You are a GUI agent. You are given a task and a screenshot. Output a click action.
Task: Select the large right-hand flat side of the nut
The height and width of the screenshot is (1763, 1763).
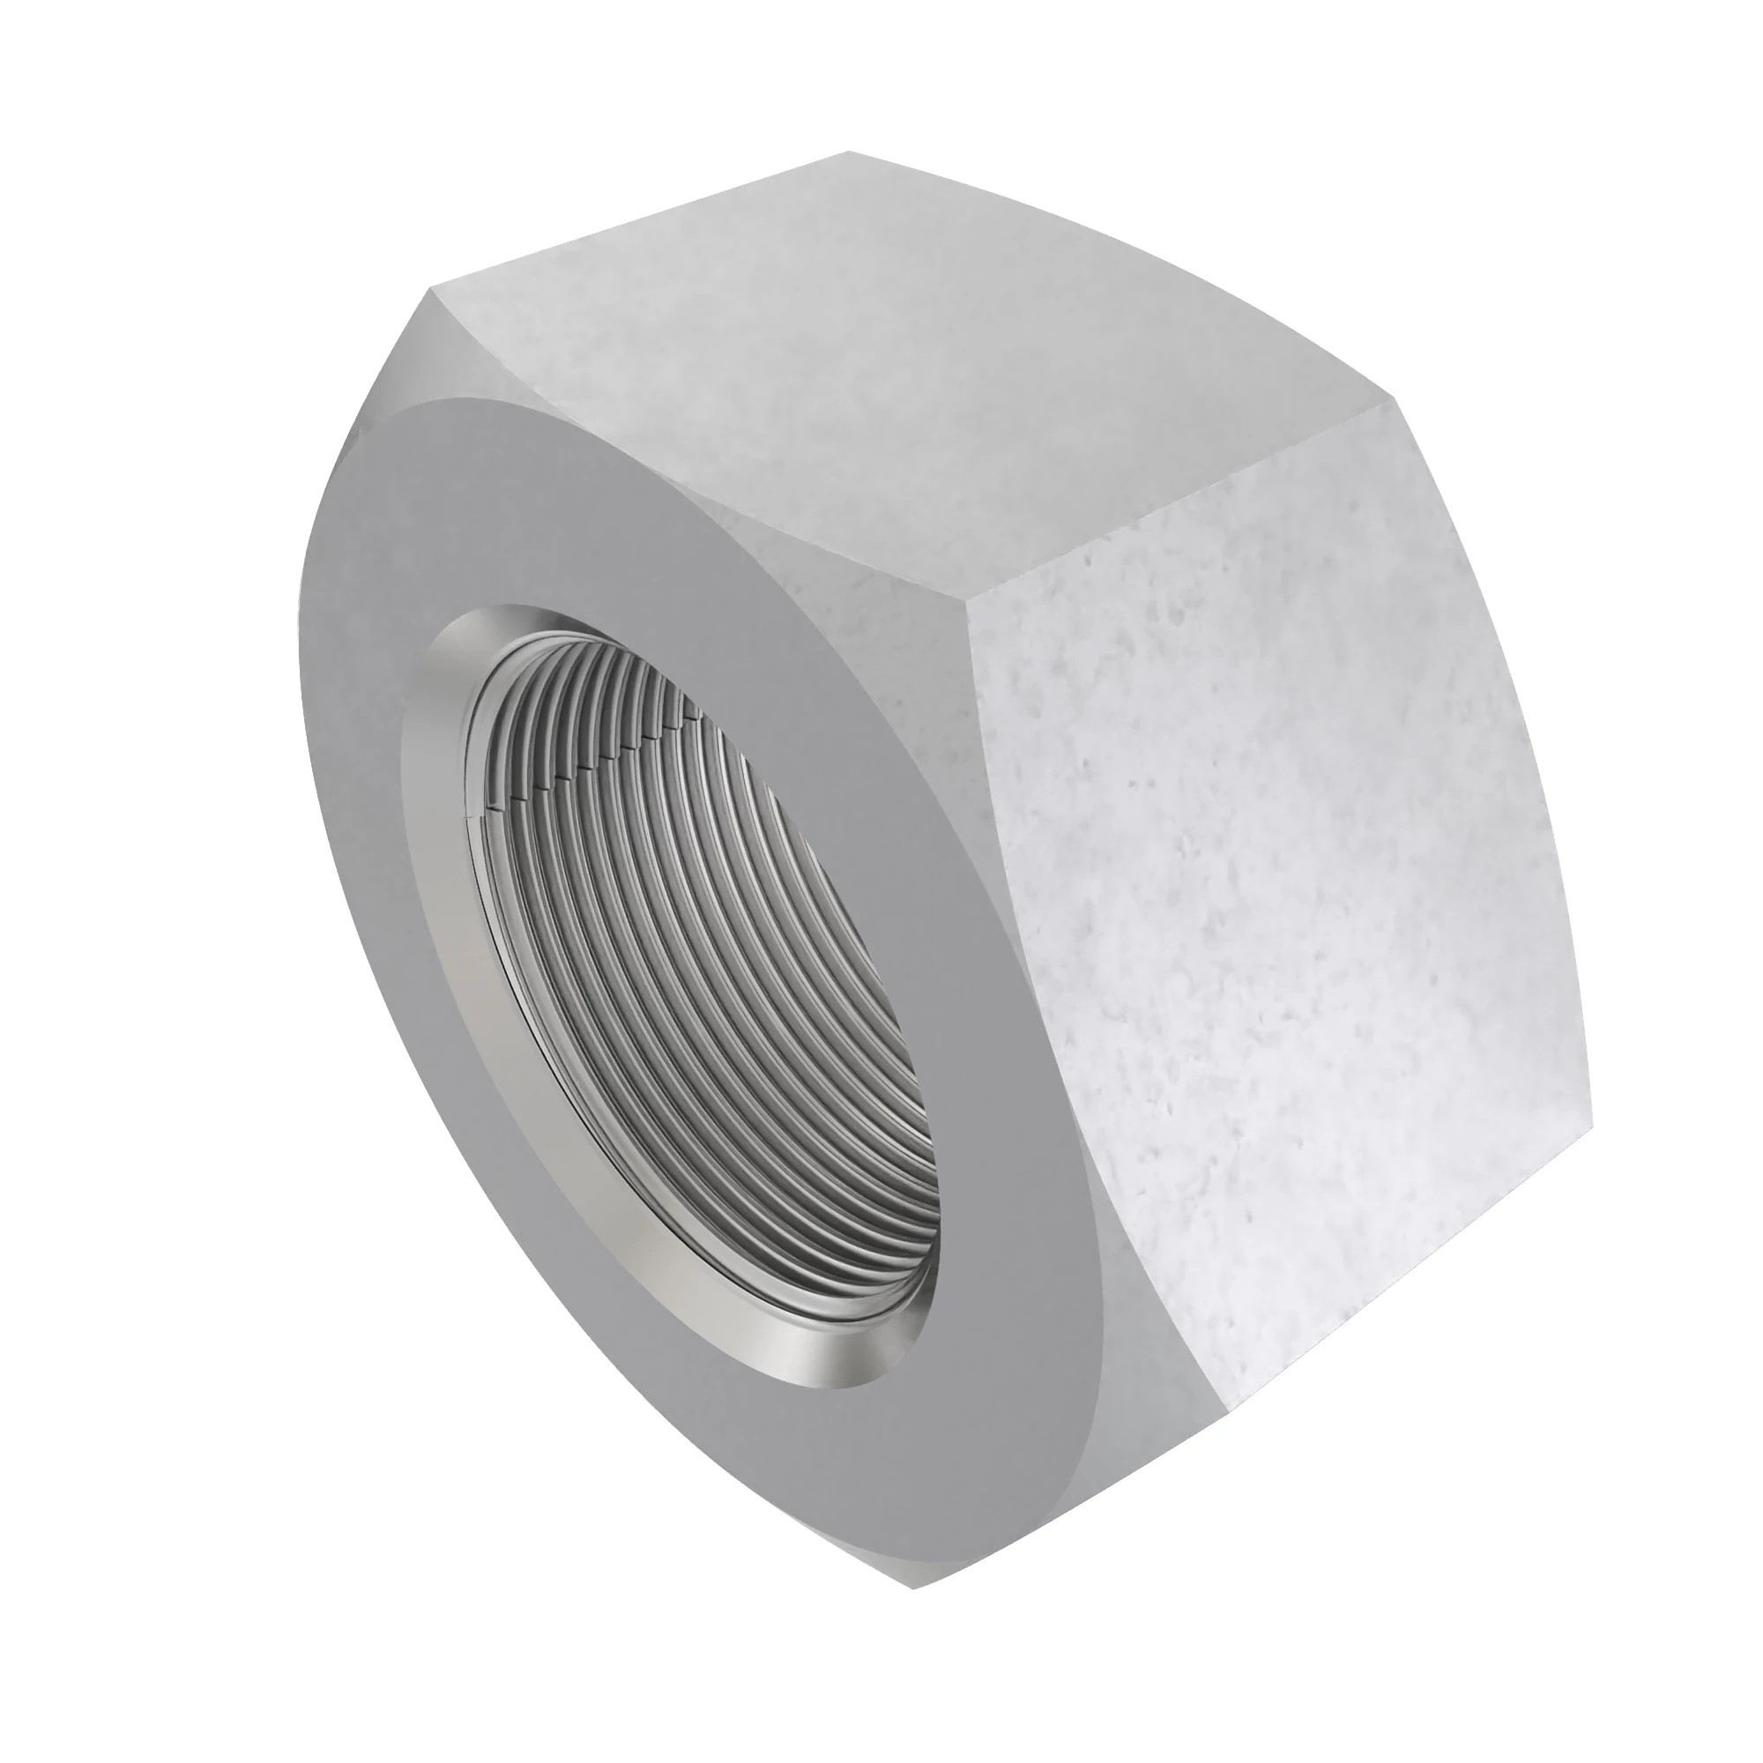pyautogui.click(x=1277, y=912)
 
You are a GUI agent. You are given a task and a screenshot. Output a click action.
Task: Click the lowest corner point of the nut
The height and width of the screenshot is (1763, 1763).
pyautogui.click(x=913, y=1611)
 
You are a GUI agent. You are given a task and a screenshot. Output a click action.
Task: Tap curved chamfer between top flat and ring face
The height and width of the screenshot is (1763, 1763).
pyautogui.click(x=730, y=511)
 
